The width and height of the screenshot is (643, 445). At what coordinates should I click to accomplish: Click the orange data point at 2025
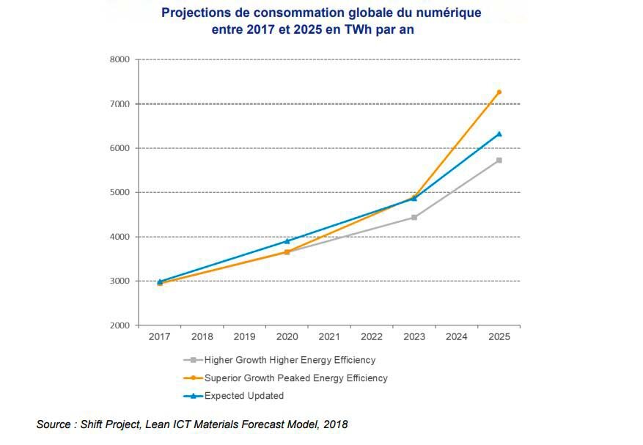(499, 92)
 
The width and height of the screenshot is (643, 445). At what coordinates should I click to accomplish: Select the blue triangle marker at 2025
(499, 134)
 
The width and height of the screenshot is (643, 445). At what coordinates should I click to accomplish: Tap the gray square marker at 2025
(499, 160)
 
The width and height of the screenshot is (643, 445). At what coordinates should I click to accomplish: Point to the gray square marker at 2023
(414, 217)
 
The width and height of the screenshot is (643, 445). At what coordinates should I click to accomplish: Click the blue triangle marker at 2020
(287, 240)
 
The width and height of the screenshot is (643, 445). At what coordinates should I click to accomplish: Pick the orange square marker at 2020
(287, 251)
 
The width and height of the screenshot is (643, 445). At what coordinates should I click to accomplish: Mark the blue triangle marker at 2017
(160, 282)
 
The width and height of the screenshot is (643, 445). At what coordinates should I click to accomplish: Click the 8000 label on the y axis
(120, 59)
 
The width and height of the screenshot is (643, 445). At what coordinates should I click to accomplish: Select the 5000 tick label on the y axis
(120, 193)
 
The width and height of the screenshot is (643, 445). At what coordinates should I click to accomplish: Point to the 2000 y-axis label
(120, 326)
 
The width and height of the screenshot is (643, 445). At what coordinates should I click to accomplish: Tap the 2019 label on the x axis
(245, 337)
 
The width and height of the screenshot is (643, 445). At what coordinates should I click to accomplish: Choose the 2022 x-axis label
(372, 337)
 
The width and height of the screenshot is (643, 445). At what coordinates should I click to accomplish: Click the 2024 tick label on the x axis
(456, 337)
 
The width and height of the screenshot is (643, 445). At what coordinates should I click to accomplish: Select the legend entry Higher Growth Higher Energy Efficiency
(290, 360)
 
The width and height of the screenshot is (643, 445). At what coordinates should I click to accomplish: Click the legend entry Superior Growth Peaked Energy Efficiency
(295, 378)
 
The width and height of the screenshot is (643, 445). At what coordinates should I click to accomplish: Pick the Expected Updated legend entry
(243, 396)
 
